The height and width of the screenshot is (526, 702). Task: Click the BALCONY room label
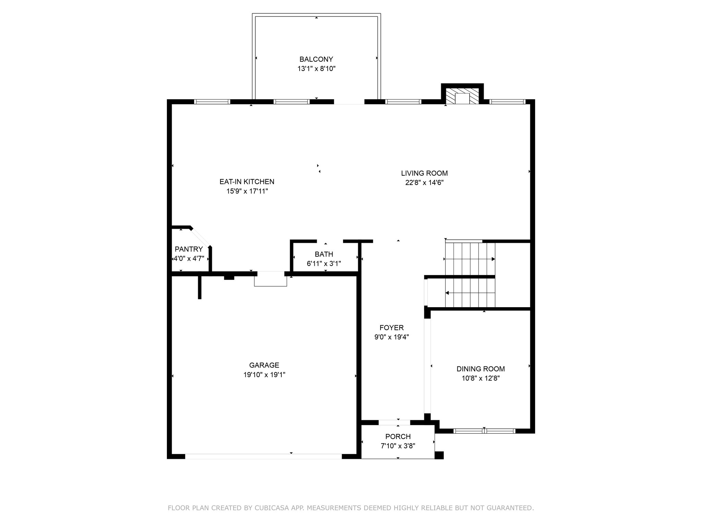pos(316,59)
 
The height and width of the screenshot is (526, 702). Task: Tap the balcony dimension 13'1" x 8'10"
pos(316,69)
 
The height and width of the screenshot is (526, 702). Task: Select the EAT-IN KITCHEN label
pos(247,182)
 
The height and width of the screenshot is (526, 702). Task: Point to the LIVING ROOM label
pos(424,173)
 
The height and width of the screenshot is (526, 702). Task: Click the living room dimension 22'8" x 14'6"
pos(424,183)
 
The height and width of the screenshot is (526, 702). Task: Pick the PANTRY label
pos(189,249)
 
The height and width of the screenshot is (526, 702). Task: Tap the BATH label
pos(324,254)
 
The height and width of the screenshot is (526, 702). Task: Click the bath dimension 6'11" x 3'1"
pos(324,264)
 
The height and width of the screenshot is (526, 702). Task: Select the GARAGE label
pos(264,365)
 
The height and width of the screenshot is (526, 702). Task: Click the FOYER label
pos(391,328)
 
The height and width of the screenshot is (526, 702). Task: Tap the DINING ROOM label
pos(481,369)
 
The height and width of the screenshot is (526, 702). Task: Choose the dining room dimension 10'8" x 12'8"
pos(481,378)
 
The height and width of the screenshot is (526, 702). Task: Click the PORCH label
pos(398,437)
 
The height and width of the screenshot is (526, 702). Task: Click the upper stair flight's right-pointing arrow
pos(470,259)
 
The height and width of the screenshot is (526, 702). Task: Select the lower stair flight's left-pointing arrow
pos(470,293)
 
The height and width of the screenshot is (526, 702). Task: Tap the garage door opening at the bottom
pos(264,456)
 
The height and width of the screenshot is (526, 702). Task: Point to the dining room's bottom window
pos(484,431)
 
